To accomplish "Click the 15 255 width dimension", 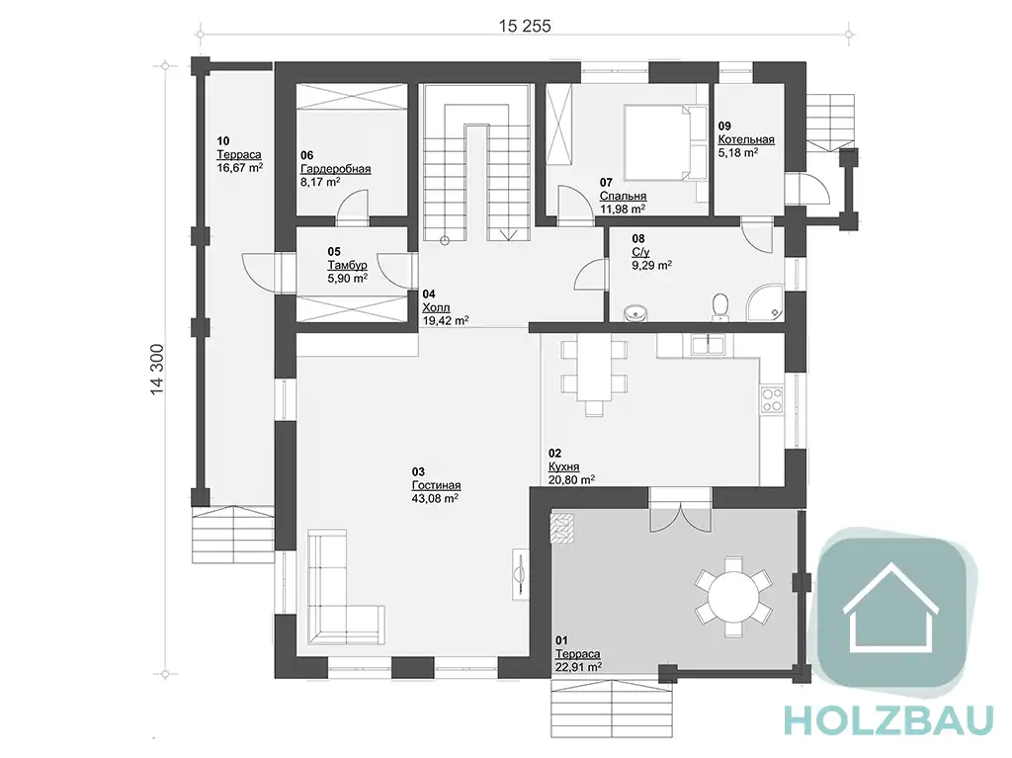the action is (x=525, y=25).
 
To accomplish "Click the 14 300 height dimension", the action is (x=157, y=370).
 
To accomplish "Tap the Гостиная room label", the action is (x=436, y=485).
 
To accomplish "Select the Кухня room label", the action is (x=563, y=466).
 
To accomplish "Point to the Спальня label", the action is (x=623, y=197).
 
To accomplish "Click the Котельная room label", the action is (x=746, y=139).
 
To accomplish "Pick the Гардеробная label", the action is (x=336, y=169).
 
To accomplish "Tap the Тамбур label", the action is (x=347, y=266).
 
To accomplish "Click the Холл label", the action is (x=436, y=307).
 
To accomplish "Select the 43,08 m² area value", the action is (x=435, y=498).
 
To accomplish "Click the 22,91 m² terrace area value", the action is (x=578, y=667).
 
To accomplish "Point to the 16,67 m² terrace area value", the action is (x=240, y=168).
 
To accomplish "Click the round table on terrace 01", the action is (x=734, y=597).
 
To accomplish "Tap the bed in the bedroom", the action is (x=665, y=142).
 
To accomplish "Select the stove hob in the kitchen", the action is (x=772, y=399).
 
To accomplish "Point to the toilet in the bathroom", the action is (x=720, y=306).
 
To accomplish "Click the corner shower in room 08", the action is (x=766, y=302).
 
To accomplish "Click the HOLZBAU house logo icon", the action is (x=890, y=605).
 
